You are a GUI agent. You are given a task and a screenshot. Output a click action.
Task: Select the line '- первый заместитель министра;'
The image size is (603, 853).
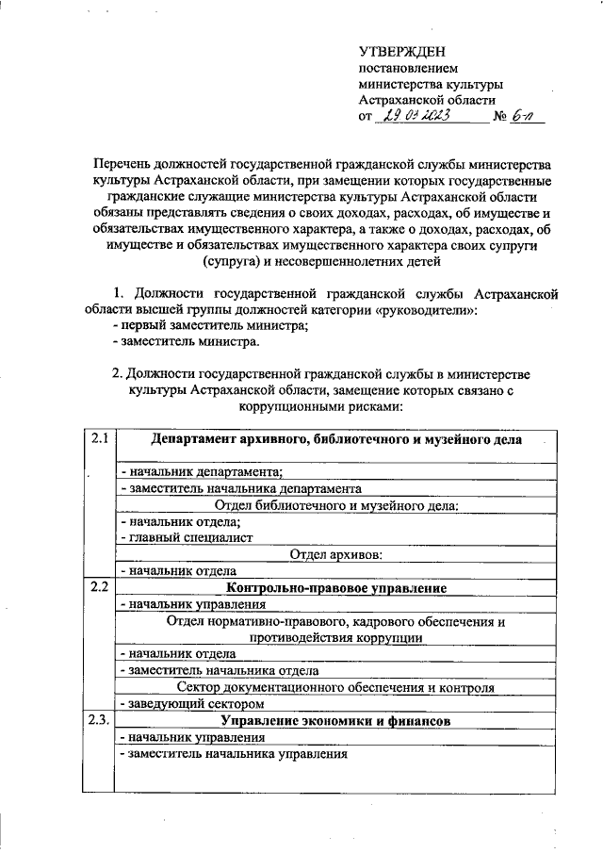[x=210, y=325]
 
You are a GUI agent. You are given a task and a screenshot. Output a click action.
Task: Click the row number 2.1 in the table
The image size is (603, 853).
[x=100, y=438]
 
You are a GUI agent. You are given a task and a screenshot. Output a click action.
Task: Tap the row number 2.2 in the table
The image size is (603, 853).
[x=100, y=588]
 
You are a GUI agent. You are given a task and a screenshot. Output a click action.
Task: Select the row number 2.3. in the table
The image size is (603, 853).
[x=101, y=720]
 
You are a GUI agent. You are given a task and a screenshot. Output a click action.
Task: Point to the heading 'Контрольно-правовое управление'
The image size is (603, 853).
[x=335, y=588]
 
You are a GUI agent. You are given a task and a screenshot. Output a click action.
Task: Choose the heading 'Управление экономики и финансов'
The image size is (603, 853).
[x=335, y=720]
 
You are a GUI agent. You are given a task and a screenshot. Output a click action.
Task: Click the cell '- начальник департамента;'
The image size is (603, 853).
[x=202, y=472]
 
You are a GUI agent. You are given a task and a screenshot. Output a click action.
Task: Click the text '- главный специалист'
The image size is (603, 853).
[x=186, y=538]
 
